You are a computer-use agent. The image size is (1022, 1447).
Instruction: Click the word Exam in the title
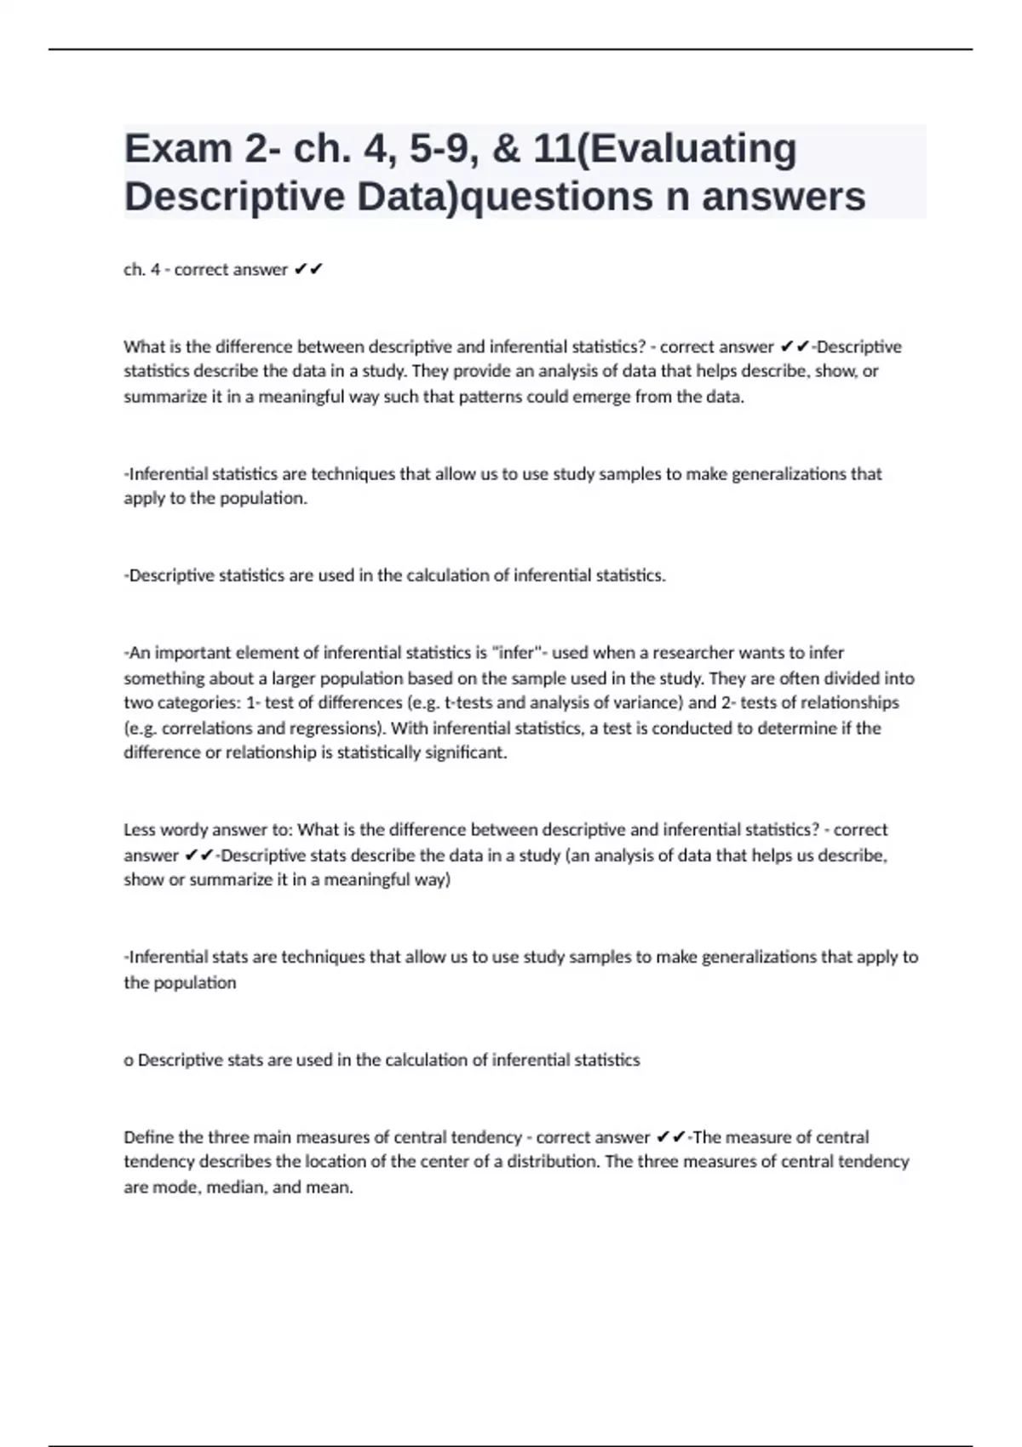178,149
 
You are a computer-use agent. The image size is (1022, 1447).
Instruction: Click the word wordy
183,830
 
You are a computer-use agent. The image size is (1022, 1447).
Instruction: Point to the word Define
148,1137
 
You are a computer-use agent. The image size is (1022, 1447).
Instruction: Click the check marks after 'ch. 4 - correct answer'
307,270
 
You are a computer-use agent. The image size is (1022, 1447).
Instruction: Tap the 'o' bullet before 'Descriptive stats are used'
129,1061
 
